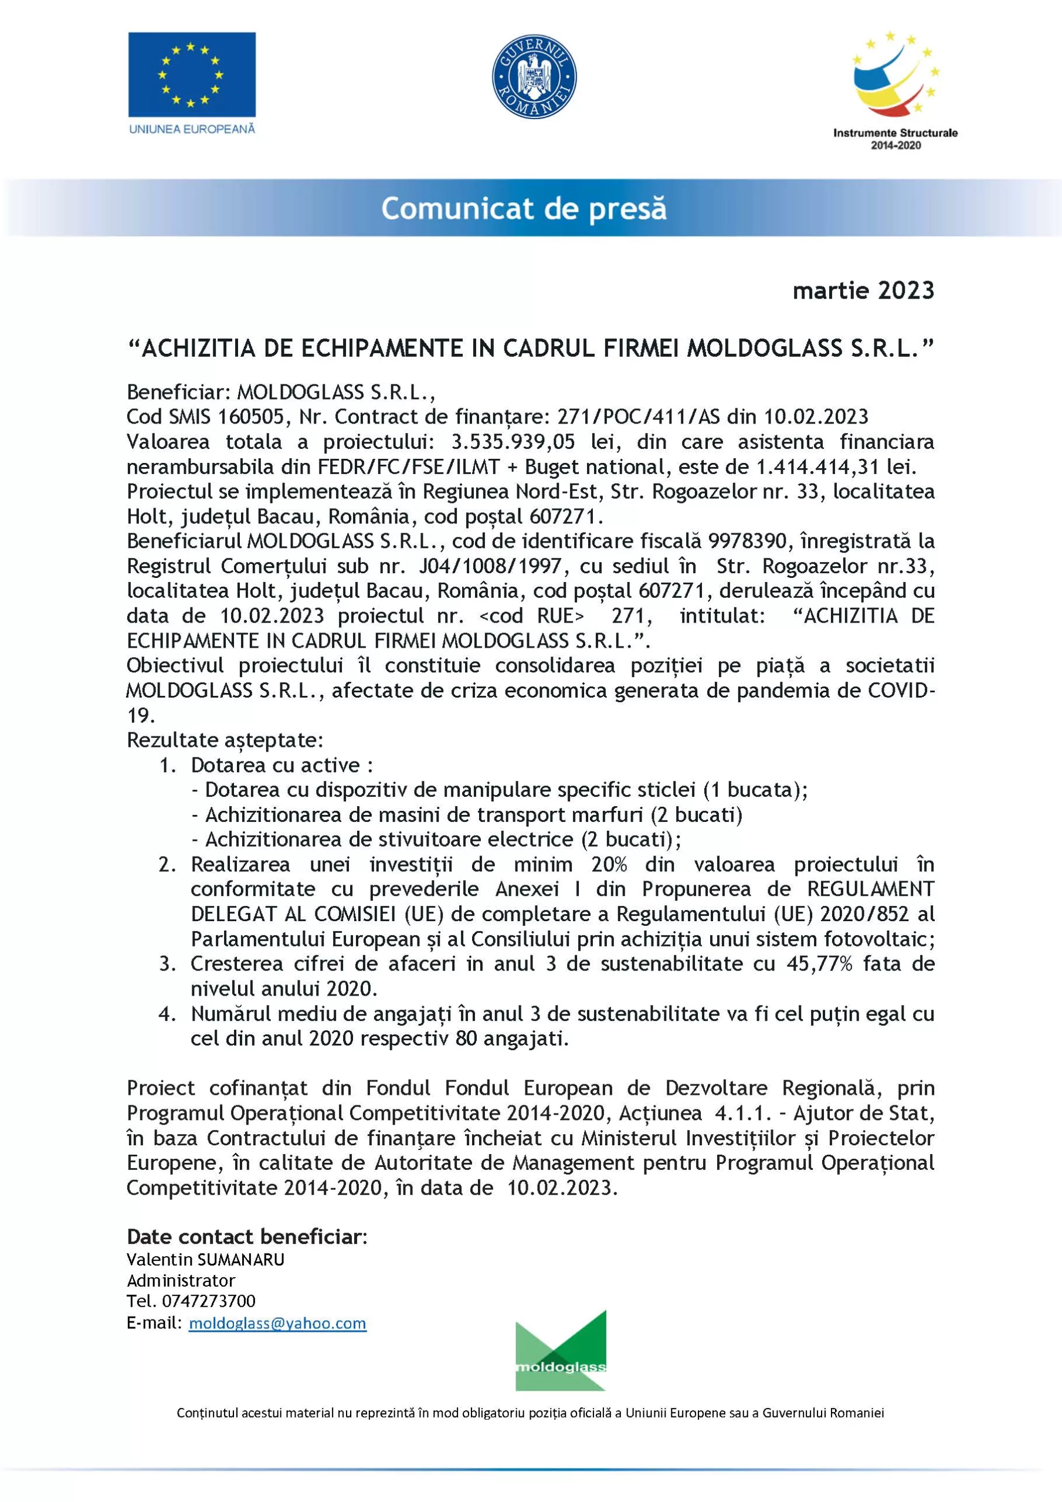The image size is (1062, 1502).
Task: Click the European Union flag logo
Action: point(192,75)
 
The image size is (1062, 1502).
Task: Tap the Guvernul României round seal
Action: point(534,76)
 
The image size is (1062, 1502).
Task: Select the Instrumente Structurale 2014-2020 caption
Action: point(895,138)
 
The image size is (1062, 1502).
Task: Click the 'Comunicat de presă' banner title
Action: point(524,209)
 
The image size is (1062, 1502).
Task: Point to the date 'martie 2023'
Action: point(863,290)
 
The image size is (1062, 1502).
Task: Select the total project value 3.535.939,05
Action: point(513,442)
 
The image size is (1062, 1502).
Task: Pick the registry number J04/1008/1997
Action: point(490,566)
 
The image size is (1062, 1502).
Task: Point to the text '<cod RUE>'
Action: point(532,615)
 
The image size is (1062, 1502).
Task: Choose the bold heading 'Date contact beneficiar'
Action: point(245,1236)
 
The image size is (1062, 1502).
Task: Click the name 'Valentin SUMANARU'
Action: point(205,1259)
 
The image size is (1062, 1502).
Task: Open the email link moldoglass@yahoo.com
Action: point(277,1322)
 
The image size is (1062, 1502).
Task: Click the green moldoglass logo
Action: point(561,1351)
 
